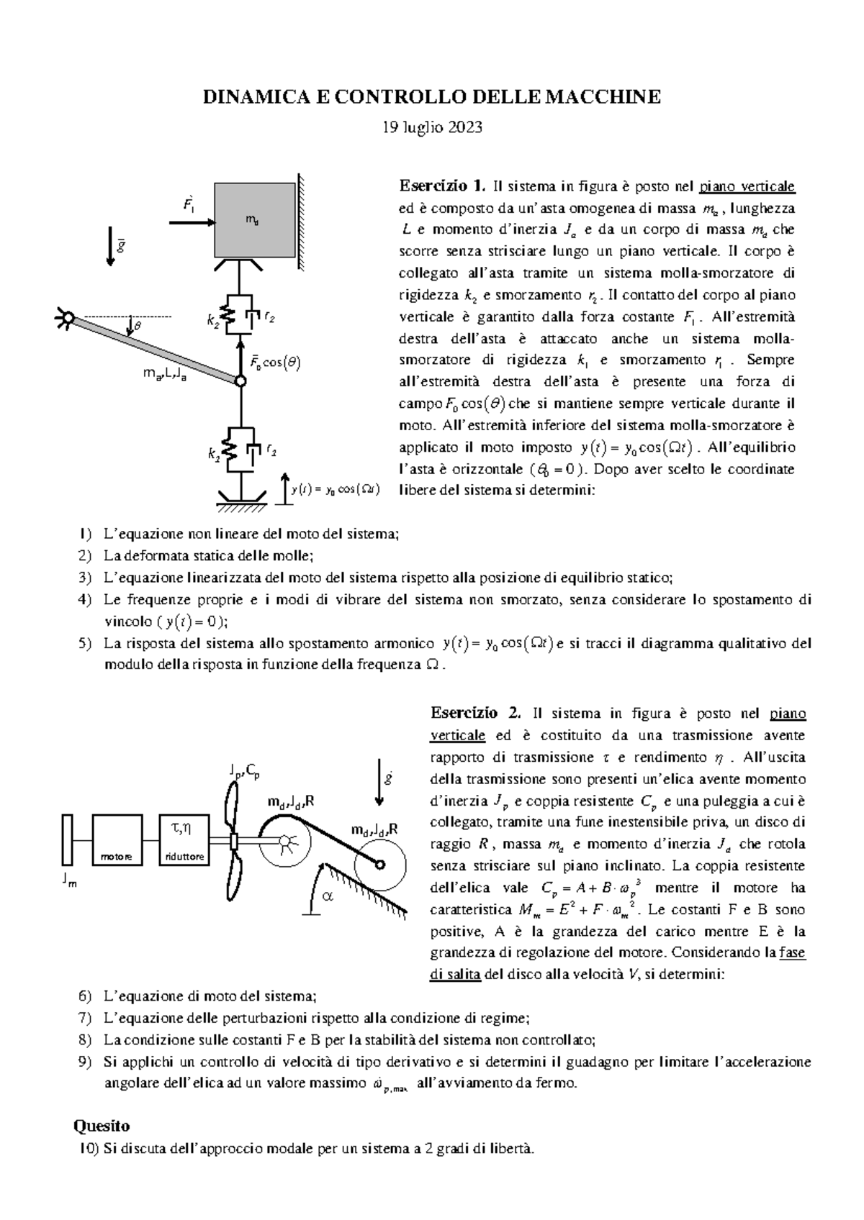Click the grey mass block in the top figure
(x=254, y=220)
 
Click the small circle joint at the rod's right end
(x=241, y=381)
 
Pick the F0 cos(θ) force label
(x=274, y=363)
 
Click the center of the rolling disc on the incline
(x=379, y=865)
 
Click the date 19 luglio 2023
(x=431, y=127)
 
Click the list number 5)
(x=86, y=644)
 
